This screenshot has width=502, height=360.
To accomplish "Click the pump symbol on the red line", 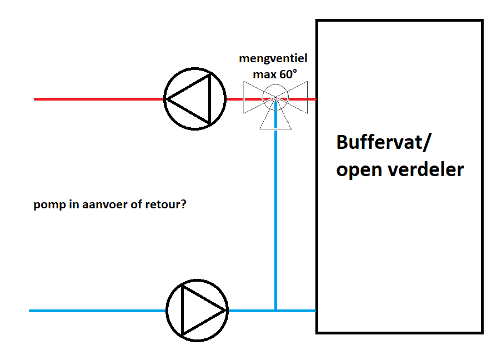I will click(195, 99).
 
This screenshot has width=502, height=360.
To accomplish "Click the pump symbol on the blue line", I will click(197, 310).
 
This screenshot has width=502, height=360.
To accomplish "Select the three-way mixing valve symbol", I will click(275, 101).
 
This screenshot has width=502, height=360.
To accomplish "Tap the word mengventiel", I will click(273, 58).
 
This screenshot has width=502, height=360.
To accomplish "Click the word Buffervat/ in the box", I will click(383, 142).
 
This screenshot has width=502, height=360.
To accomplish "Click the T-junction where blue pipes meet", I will click(275, 310).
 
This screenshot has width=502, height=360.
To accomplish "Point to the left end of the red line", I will click(36, 99).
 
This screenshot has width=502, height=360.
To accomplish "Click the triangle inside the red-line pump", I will click(192, 99).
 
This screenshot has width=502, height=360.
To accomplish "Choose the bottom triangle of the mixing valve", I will click(275, 118).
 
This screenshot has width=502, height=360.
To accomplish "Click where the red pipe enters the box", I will click(315, 99).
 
